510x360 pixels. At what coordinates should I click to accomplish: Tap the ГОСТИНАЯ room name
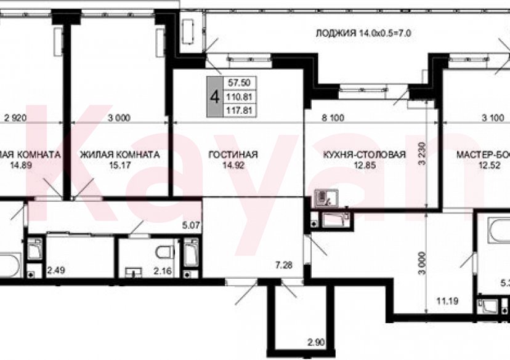pyautogui.click(x=233, y=154)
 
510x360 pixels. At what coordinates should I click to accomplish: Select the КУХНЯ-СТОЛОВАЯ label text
pyautogui.click(x=364, y=154)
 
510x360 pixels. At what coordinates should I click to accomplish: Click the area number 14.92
pyautogui.click(x=233, y=165)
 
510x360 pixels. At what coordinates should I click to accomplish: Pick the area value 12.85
pyautogui.click(x=364, y=165)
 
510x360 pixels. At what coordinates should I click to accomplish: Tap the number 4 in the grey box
pyautogui.click(x=214, y=97)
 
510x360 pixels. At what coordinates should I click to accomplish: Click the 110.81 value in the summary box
pyautogui.click(x=241, y=97)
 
